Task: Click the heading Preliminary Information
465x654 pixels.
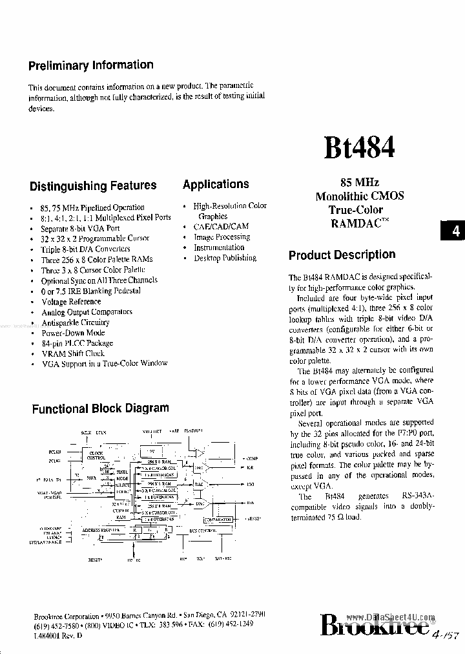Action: click(x=90, y=65)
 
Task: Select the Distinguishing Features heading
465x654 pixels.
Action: click(x=93, y=186)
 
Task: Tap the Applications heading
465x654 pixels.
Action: click(x=216, y=185)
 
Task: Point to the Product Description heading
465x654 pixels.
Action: click(x=342, y=255)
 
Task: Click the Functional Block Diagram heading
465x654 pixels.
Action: click(x=101, y=408)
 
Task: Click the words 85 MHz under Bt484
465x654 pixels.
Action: click(x=359, y=184)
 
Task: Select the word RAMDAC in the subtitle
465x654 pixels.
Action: click(x=353, y=223)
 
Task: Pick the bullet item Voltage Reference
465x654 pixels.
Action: click(x=71, y=302)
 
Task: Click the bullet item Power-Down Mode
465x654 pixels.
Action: click(x=73, y=333)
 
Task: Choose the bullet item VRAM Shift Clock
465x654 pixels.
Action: click(x=73, y=353)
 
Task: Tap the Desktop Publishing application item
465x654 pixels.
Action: click(x=225, y=258)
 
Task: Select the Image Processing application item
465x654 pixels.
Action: click(x=222, y=237)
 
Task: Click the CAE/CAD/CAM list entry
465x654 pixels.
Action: click(x=221, y=227)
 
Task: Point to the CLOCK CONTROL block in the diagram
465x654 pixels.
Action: click(x=96, y=456)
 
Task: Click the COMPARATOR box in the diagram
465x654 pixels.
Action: click(x=217, y=519)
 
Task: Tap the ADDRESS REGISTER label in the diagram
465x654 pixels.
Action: click(x=101, y=529)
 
